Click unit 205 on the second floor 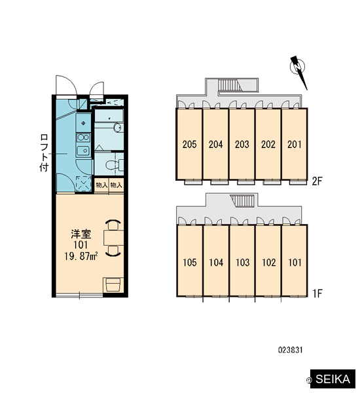tap(189, 144)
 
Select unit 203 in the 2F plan tap(242, 144)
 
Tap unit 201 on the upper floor tap(295, 144)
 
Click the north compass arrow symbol tap(298, 71)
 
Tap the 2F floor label tap(317, 181)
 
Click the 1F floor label tap(317, 293)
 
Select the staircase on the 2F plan tap(228, 84)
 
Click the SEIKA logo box tap(333, 379)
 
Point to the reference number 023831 tap(291, 350)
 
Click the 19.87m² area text tap(81, 256)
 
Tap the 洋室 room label tap(81, 234)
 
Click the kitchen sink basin tap(83, 151)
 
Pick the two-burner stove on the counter tap(83, 138)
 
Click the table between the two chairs tap(113, 238)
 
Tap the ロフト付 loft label tap(44, 153)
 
